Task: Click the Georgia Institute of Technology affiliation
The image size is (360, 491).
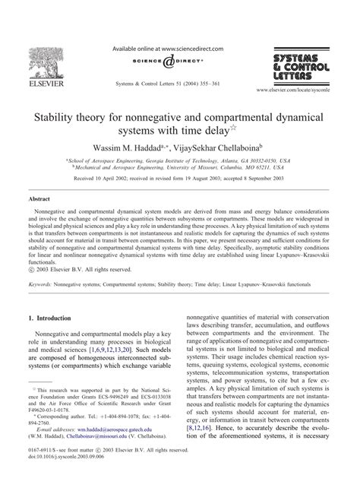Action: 166,161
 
